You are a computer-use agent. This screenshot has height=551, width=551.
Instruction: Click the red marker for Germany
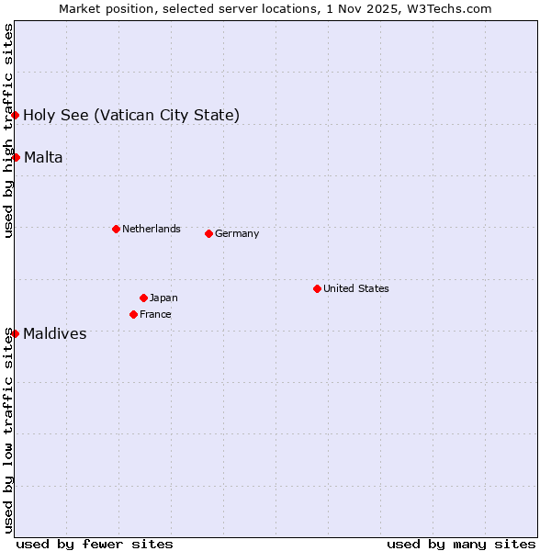tap(208, 233)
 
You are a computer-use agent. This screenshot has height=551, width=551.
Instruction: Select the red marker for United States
tap(317, 288)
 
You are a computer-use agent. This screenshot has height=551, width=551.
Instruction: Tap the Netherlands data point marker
tap(116, 229)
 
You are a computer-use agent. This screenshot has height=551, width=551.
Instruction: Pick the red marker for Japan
tap(143, 298)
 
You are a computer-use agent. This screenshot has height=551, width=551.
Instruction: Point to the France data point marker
tap(133, 314)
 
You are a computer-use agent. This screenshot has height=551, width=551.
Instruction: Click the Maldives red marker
tap(16, 333)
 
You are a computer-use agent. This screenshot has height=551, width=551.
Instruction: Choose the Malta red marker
tap(16, 157)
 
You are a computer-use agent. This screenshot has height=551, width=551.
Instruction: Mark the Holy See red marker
tap(16, 115)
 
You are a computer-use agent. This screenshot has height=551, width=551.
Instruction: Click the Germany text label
tap(237, 233)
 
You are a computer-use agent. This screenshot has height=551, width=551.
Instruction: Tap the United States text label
tap(355, 288)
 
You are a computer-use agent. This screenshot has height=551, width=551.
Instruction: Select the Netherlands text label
tap(151, 229)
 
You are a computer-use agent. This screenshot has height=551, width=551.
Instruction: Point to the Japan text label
tap(163, 298)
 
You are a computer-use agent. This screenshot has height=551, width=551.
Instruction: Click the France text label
tap(155, 314)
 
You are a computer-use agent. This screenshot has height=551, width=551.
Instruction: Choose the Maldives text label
tap(55, 333)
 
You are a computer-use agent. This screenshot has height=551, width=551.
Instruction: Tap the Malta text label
tap(43, 157)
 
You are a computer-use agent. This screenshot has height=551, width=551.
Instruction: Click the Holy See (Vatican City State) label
tap(131, 115)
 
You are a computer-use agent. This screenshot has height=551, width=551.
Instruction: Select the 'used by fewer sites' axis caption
tap(95, 544)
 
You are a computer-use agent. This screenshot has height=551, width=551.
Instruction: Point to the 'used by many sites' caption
tap(461, 544)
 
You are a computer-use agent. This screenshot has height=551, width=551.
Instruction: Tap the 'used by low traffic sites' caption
tap(8, 430)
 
